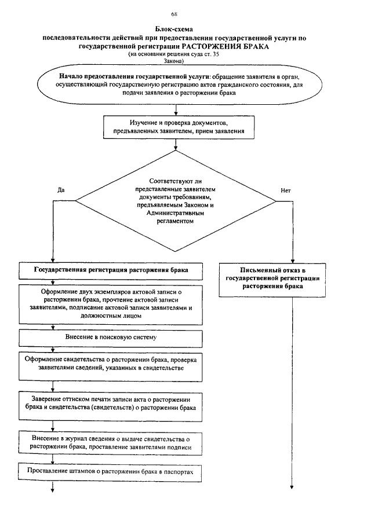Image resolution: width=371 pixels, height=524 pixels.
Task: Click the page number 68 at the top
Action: coord(174,14)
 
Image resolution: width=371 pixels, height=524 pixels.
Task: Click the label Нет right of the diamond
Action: coord(285,190)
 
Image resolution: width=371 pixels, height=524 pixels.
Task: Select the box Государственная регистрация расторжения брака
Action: coord(110,270)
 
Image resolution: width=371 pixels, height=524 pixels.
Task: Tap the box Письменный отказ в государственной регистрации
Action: coord(272,279)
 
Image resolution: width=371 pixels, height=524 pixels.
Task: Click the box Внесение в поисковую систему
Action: coord(110,336)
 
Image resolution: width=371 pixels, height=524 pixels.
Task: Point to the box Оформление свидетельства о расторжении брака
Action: coord(110,364)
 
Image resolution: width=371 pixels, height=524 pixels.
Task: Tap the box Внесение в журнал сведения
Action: coord(110,442)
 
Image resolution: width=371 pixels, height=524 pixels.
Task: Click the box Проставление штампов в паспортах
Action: coord(110,471)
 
